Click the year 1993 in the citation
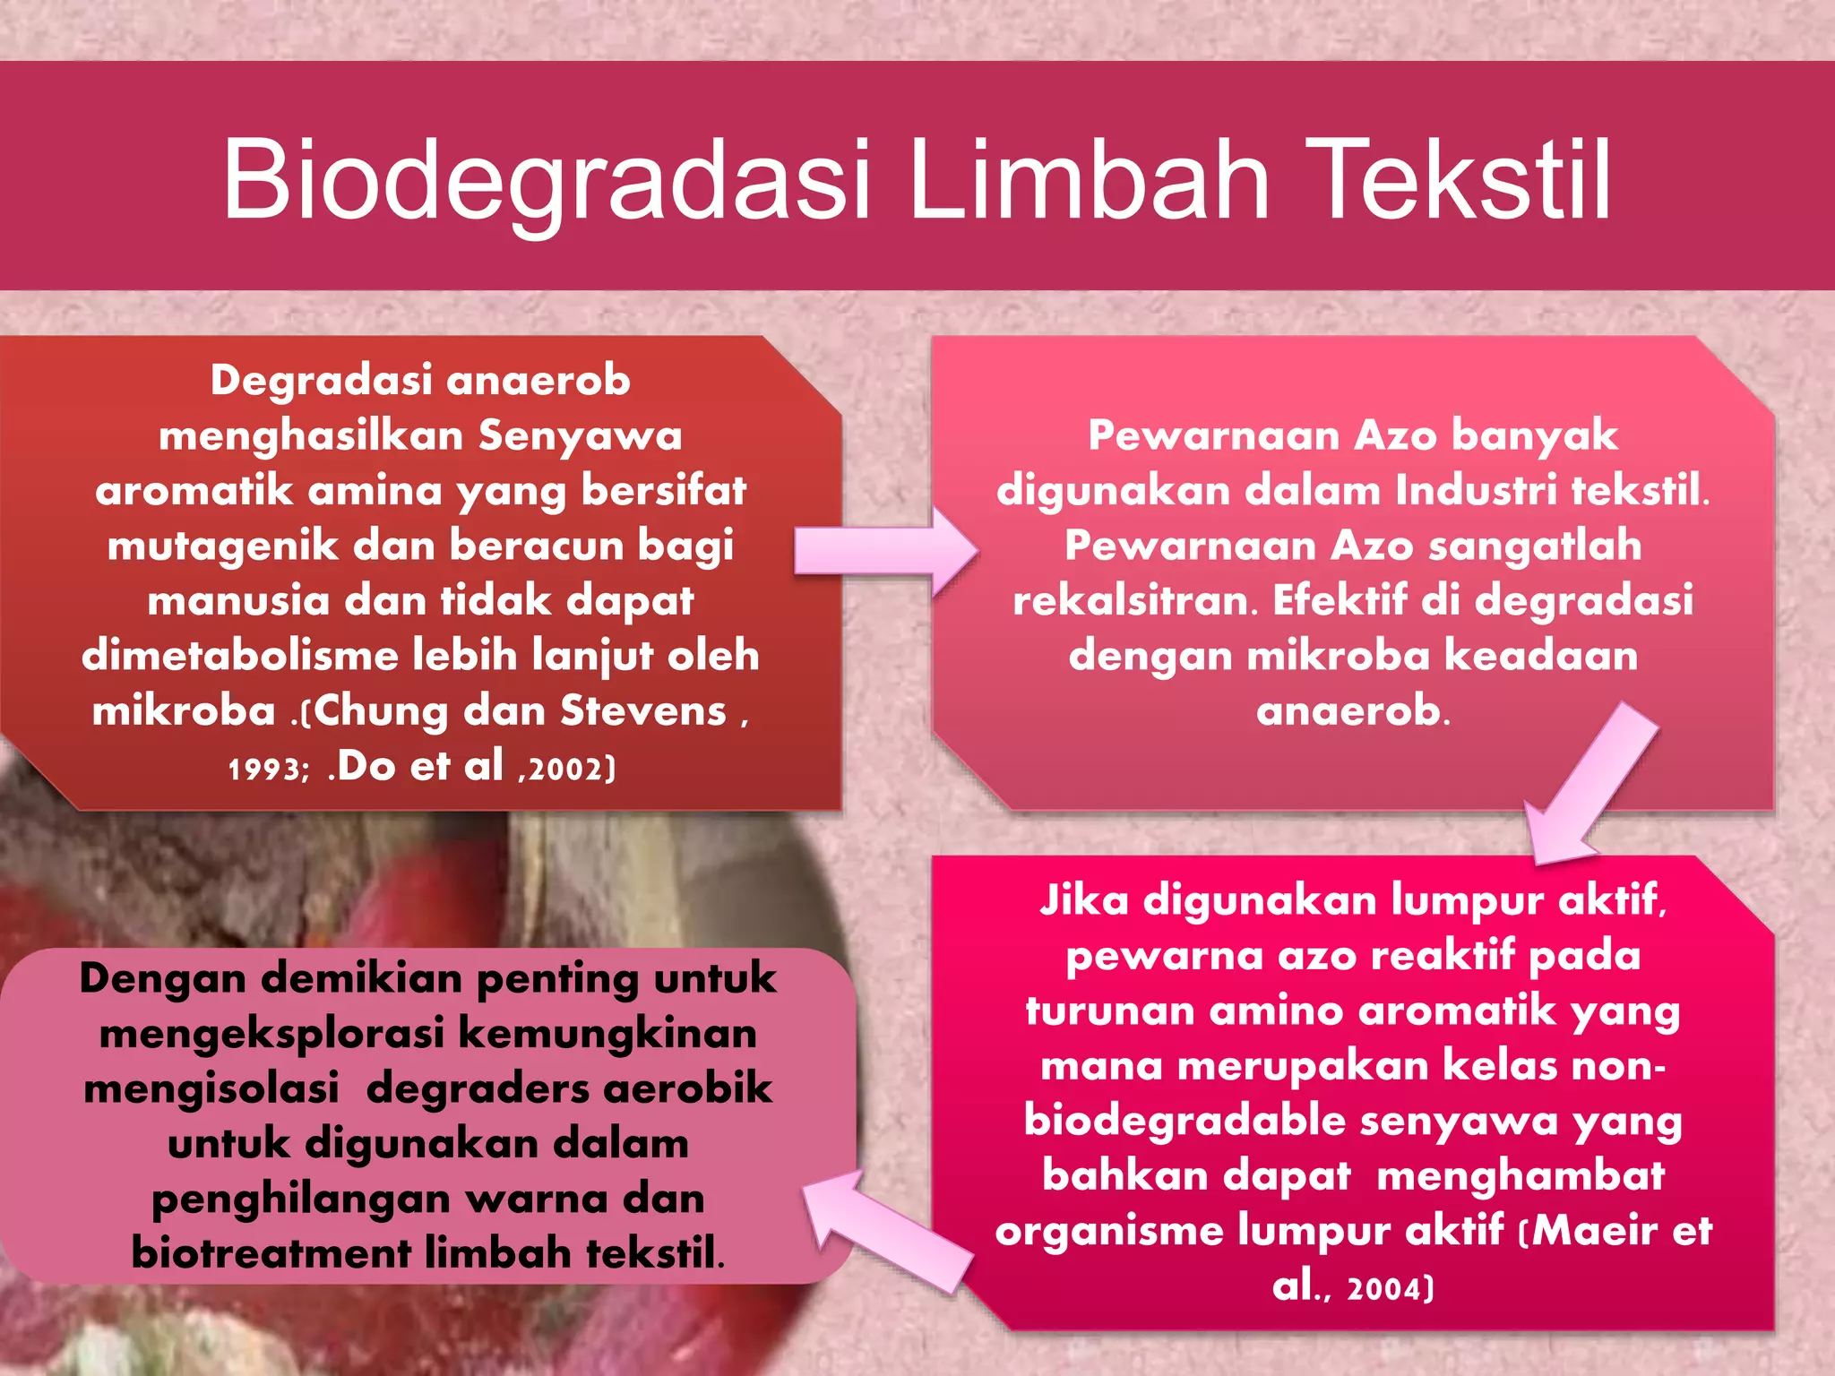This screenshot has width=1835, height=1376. pyautogui.click(x=265, y=770)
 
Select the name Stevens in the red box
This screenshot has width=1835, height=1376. pyautogui.click(x=643, y=711)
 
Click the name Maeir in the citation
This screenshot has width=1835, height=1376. pyautogui.click(x=1595, y=1230)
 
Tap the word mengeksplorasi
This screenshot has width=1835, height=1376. pyautogui.click(x=271, y=1035)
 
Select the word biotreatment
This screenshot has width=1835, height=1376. pyautogui.click(x=271, y=1253)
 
